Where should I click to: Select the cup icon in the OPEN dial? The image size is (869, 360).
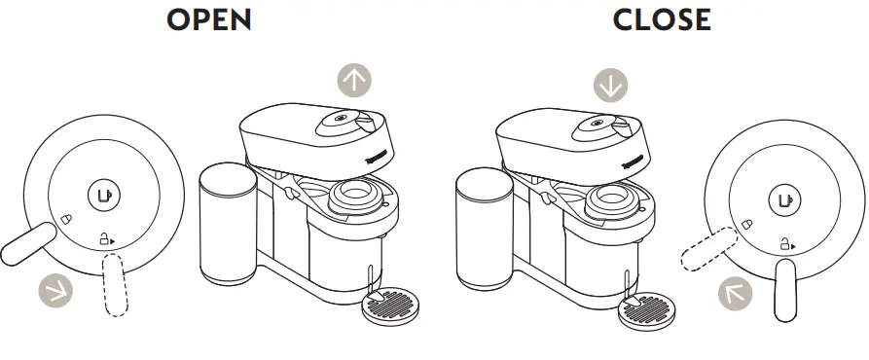click(x=103, y=195)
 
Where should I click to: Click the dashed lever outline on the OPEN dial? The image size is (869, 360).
click(x=115, y=282)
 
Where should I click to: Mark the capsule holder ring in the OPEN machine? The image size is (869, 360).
click(x=356, y=198)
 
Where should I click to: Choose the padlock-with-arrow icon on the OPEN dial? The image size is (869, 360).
click(x=105, y=237)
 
